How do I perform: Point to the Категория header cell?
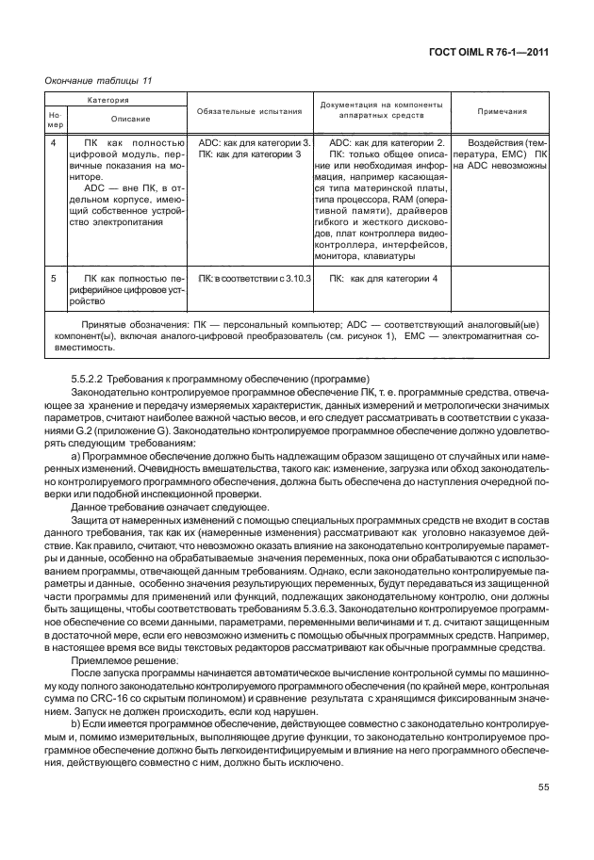coord(115,99)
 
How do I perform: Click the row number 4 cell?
coord(54,141)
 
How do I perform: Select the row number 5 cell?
coord(54,279)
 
